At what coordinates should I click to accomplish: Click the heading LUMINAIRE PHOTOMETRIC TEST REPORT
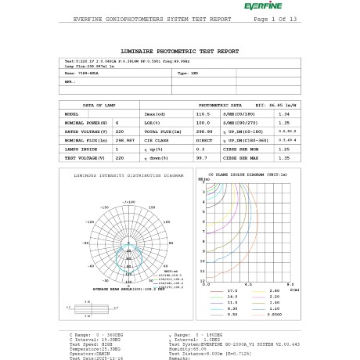[x=179, y=49]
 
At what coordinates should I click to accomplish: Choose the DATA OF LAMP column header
[x=99, y=104]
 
